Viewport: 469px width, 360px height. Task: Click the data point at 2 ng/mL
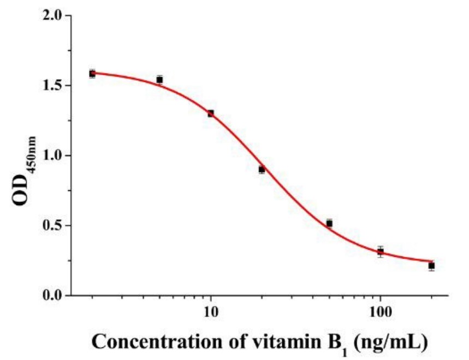(x=92, y=74)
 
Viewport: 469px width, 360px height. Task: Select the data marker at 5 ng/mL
(x=159, y=80)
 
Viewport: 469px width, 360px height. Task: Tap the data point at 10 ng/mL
(x=211, y=113)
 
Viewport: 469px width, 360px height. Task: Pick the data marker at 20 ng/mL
(x=262, y=170)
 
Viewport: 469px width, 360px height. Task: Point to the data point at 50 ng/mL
(x=329, y=224)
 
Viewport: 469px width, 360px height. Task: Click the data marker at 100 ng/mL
(x=381, y=251)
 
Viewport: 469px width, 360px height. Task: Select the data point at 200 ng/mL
(x=431, y=266)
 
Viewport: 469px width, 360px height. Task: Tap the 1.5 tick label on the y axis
(x=52, y=86)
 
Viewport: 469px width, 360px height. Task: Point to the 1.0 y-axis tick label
(x=52, y=155)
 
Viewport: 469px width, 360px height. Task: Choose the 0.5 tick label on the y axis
(x=52, y=225)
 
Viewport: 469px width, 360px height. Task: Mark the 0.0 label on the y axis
(x=52, y=295)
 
